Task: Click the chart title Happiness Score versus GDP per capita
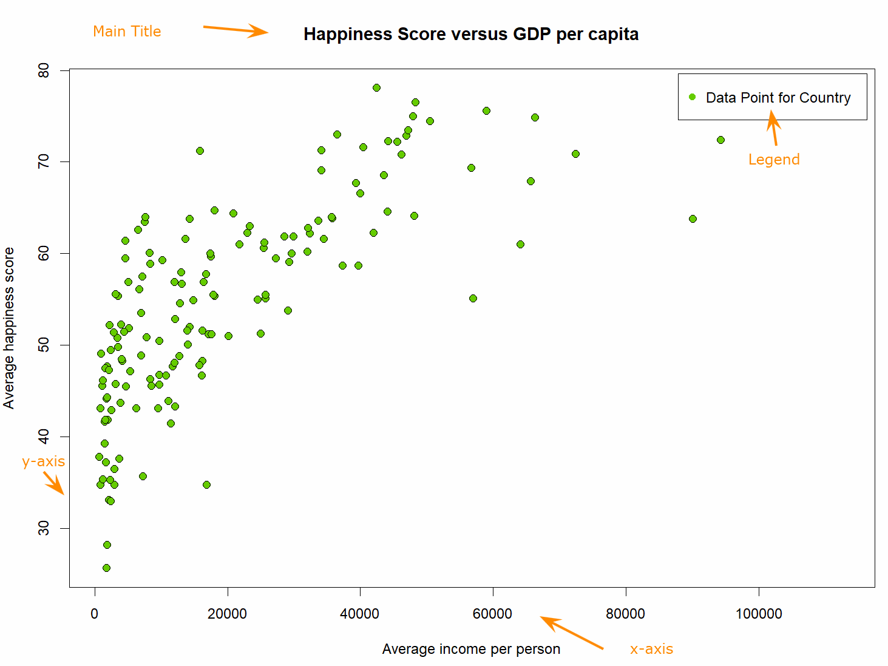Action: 471,34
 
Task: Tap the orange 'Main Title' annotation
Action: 127,32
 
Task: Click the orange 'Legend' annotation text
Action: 774,160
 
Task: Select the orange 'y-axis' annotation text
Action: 43,461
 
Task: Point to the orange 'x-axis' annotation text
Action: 651,649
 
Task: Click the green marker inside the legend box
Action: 692,97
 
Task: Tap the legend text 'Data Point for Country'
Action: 778,98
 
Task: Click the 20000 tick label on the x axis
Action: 227,614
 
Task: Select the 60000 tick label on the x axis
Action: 492,614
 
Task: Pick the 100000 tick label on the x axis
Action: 759,614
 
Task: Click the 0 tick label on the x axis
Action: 95,614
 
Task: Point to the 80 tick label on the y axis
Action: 44,71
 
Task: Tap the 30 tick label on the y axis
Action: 44,528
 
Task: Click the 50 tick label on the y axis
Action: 44,345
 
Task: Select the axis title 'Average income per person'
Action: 471,649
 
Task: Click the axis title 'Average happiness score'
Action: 9,328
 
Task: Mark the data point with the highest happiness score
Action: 376,88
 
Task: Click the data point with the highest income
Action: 720,140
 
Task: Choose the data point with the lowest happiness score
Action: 106,568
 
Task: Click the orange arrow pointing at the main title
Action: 236,30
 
